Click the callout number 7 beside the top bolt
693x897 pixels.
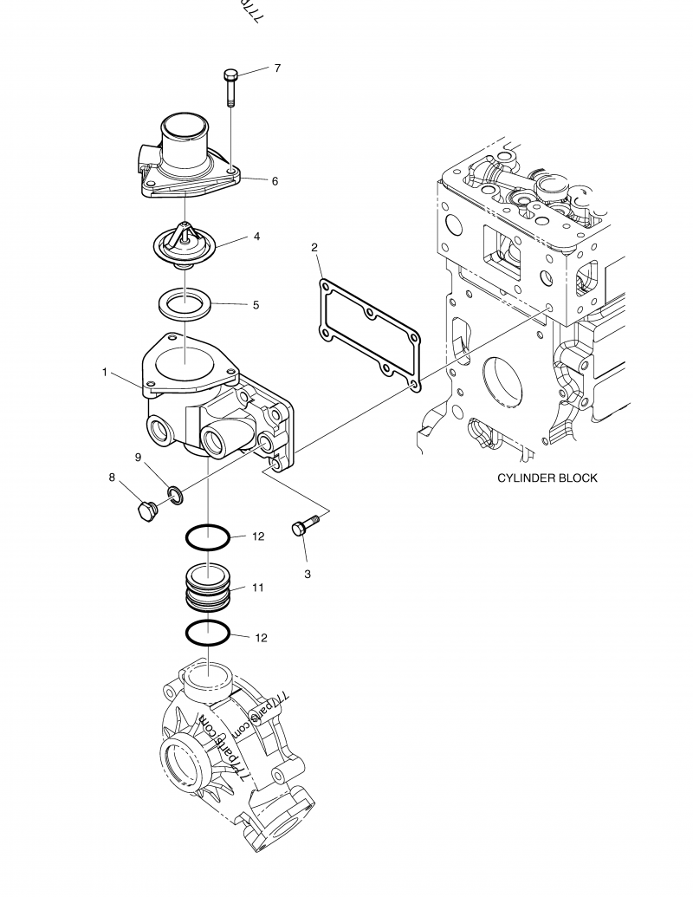pos(277,68)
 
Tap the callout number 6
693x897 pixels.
pos(275,181)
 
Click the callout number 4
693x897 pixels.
pos(256,235)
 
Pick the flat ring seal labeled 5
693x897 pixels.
pos(186,304)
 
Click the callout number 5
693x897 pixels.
pos(256,305)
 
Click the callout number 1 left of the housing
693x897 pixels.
pos(104,373)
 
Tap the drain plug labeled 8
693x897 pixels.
pos(144,510)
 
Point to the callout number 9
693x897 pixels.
pos(138,457)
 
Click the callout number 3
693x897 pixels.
pos(307,574)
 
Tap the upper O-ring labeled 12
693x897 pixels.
pos(209,537)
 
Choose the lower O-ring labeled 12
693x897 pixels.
pos(209,634)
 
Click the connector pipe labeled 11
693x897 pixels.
pos(209,587)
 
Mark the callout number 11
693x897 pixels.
pos(257,588)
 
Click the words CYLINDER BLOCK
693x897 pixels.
pos(547,478)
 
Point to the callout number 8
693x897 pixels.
pos(112,477)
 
